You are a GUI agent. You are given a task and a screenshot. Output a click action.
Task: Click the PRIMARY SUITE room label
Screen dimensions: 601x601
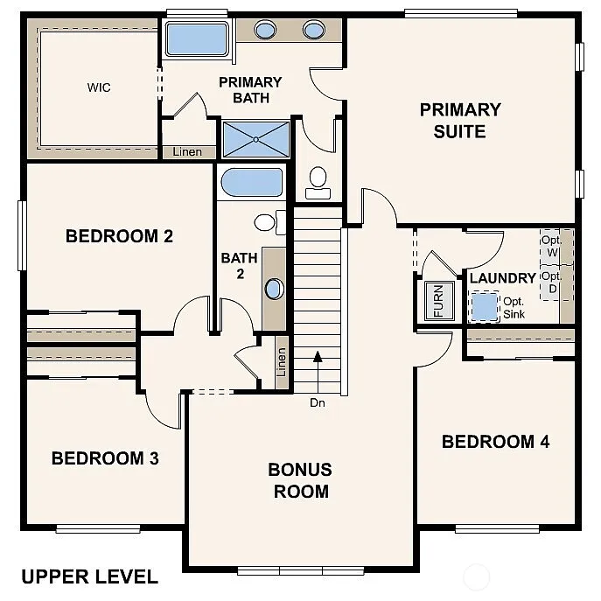point(460,121)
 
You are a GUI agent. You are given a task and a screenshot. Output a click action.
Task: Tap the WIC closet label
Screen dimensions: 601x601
point(98,87)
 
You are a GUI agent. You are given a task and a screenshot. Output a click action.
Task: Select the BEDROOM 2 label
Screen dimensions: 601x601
point(119,236)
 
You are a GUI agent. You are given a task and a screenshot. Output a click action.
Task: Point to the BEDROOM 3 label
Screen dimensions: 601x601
point(105,458)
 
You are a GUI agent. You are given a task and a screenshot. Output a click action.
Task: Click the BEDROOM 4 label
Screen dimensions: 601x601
point(495,442)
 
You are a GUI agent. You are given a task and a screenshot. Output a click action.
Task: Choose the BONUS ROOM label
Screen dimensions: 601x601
point(300,480)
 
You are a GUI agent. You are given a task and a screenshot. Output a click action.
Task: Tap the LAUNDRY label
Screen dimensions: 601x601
point(502,278)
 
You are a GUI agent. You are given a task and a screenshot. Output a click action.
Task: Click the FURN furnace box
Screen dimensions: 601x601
point(438,300)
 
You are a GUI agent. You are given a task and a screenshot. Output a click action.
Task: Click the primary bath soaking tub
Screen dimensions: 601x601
point(197,39)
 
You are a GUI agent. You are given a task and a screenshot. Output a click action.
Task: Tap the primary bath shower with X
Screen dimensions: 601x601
point(255,139)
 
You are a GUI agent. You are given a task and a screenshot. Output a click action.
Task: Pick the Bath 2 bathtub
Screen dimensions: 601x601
point(252,184)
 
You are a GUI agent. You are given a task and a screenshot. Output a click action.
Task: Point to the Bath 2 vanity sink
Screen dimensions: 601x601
point(274,289)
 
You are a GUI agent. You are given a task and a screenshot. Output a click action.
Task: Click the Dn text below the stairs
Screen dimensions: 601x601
point(317,403)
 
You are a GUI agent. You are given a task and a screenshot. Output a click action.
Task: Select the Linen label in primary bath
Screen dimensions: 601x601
point(187,152)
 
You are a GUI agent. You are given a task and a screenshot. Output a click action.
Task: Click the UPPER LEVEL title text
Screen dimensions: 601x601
point(89,577)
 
